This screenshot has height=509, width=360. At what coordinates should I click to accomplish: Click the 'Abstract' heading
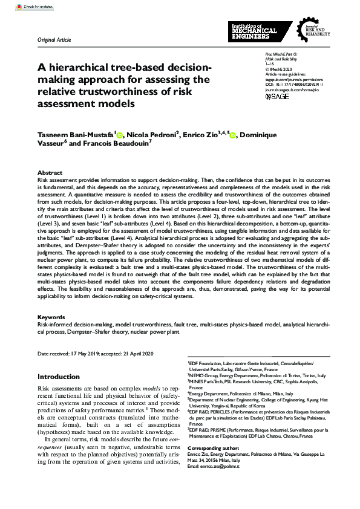tap(50, 172)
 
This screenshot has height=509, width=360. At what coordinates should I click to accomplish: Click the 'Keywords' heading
tap(51, 316)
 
